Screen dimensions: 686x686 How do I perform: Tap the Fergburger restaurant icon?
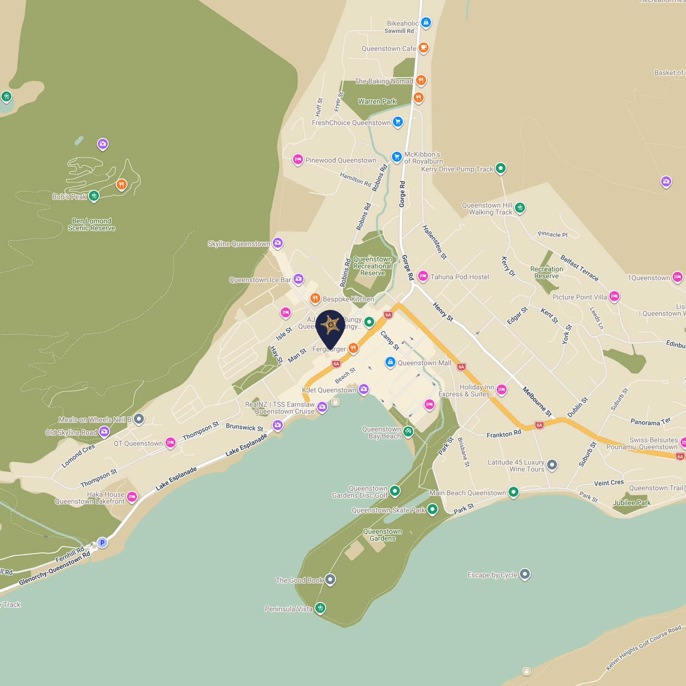pos(353,348)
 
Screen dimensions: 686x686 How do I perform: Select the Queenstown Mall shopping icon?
pos(390,362)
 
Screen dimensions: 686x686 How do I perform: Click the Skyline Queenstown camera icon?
pos(278,243)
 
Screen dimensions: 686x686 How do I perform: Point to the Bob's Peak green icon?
pos(94,196)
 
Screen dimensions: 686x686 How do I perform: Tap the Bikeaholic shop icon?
pos(426,22)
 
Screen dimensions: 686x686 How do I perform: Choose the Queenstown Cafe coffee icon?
pos(423,47)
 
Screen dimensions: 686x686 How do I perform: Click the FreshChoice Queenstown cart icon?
pos(398,122)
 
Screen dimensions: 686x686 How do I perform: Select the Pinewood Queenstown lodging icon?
pos(298,159)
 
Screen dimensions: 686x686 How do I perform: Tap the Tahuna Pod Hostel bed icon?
pos(423,276)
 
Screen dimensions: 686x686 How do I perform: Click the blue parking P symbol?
pos(102,543)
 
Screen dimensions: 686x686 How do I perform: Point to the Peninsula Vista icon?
pos(320,607)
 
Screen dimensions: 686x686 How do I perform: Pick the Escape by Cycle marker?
pos(525,574)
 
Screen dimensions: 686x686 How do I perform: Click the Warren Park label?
pos(377,101)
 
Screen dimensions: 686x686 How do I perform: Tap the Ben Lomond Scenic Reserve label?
pos(91,224)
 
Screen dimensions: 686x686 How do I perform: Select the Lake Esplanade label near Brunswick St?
pos(246,445)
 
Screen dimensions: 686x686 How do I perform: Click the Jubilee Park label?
pos(632,503)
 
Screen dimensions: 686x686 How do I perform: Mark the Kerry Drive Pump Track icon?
pos(501,168)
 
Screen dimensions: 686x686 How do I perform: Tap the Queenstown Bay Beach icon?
pos(408,432)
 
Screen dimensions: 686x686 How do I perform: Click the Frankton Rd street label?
pos(504,434)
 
